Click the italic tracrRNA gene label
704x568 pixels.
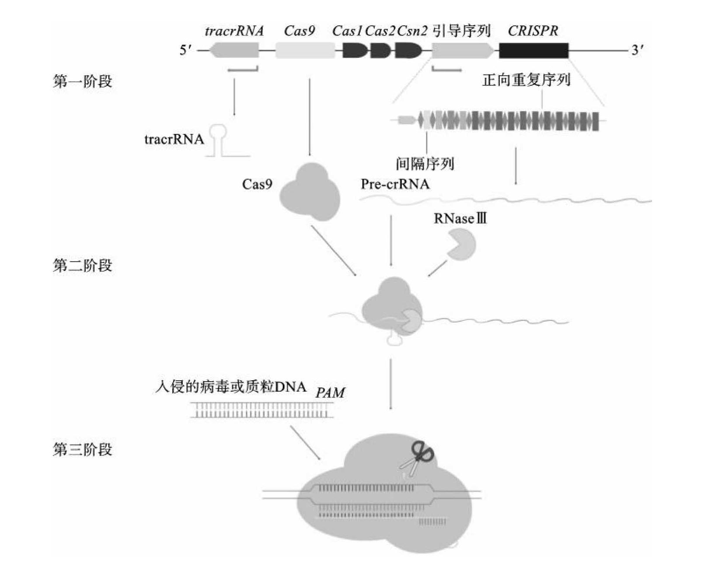pos(234,31)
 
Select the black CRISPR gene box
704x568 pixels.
pos(533,51)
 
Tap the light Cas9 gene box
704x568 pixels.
pos(305,51)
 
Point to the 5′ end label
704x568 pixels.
pos(185,50)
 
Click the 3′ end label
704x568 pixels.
pos(637,50)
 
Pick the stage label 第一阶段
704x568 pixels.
pos(83,81)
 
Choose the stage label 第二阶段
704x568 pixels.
pos(83,266)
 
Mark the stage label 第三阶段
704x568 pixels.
pos(83,449)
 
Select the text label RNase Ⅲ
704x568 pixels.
pos(460,218)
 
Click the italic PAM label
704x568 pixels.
pos(330,393)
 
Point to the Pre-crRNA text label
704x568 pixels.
pos(395,184)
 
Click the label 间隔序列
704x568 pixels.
pos(425,164)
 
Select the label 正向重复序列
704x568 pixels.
pos(526,80)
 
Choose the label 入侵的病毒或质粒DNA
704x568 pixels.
pos(230,387)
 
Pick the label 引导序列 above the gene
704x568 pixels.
pos(462,31)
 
